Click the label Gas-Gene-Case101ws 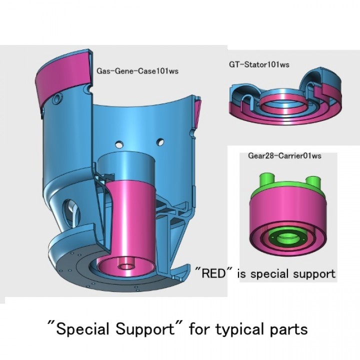coord(137,71)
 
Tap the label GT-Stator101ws coord(259,64)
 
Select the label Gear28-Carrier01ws coord(284,155)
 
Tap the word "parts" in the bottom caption coord(290,330)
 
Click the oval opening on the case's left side coord(72,207)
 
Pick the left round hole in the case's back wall coord(120,144)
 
